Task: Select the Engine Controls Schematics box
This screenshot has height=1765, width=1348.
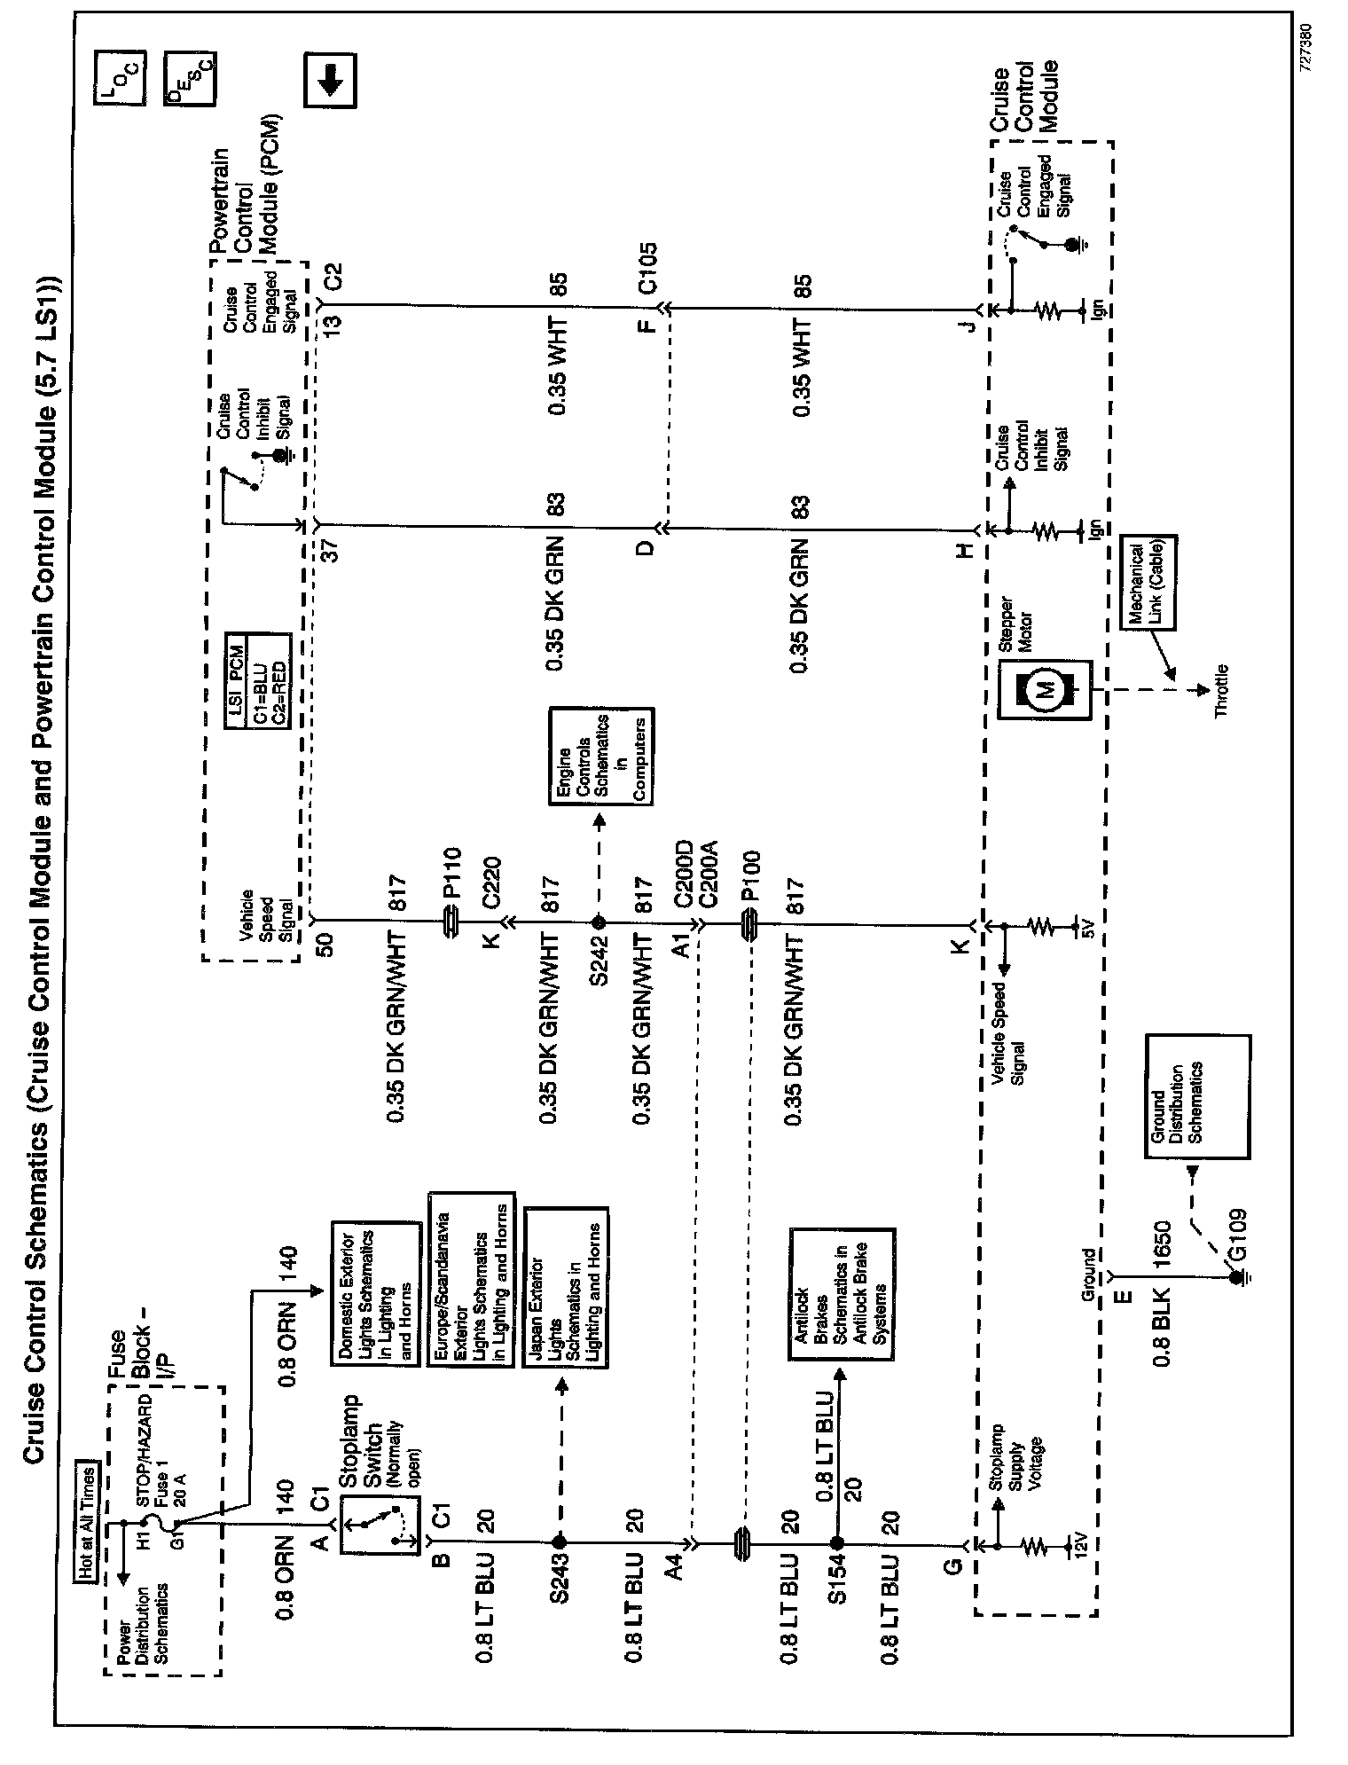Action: [601, 757]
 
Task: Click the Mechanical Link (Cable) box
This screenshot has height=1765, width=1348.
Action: [1149, 582]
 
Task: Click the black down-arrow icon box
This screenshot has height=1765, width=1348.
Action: [329, 82]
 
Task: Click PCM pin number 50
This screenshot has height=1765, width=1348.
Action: [325, 947]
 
